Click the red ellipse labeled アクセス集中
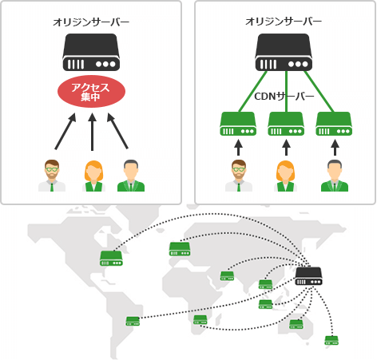pyautogui.click(x=92, y=91)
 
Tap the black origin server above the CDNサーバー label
pyautogui.click(x=284, y=53)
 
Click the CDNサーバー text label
pyautogui.click(x=284, y=97)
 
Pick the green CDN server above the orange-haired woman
pyautogui.click(x=285, y=125)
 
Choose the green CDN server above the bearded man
pyautogui.click(x=237, y=125)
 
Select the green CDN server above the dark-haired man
pyautogui.click(x=334, y=125)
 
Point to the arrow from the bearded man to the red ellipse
pyautogui.click(x=65, y=131)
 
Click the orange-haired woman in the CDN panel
pyautogui.click(x=285, y=175)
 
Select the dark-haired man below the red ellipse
pyautogui.click(x=131, y=175)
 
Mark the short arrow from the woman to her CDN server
pyautogui.click(x=285, y=148)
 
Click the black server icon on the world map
pyautogui.click(x=308, y=275)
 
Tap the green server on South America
pyautogui.click(x=133, y=321)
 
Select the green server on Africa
pyautogui.click(x=200, y=319)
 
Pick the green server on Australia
pyautogui.click(x=296, y=324)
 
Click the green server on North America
pyautogui.click(x=111, y=258)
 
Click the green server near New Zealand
pyautogui.click(x=331, y=340)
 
